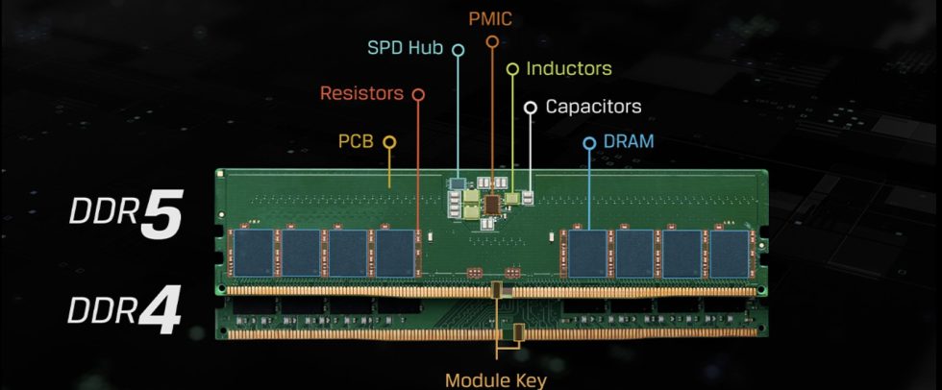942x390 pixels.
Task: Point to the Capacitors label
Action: [x=593, y=107]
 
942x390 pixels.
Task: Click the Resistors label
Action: [x=361, y=94]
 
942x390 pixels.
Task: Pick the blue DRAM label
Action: [x=629, y=142]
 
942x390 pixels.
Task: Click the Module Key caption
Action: [x=497, y=379]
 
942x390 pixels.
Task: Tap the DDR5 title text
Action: [x=125, y=217]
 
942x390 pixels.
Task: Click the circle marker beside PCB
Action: [x=389, y=142]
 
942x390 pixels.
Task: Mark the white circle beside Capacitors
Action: [x=530, y=107]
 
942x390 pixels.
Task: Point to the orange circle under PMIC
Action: [x=492, y=41]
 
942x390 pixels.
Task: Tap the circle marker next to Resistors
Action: [x=417, y=94]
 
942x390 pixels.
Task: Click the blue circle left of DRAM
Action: [x=590, y=143]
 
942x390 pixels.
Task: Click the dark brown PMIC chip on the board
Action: [x=492, y=203]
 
